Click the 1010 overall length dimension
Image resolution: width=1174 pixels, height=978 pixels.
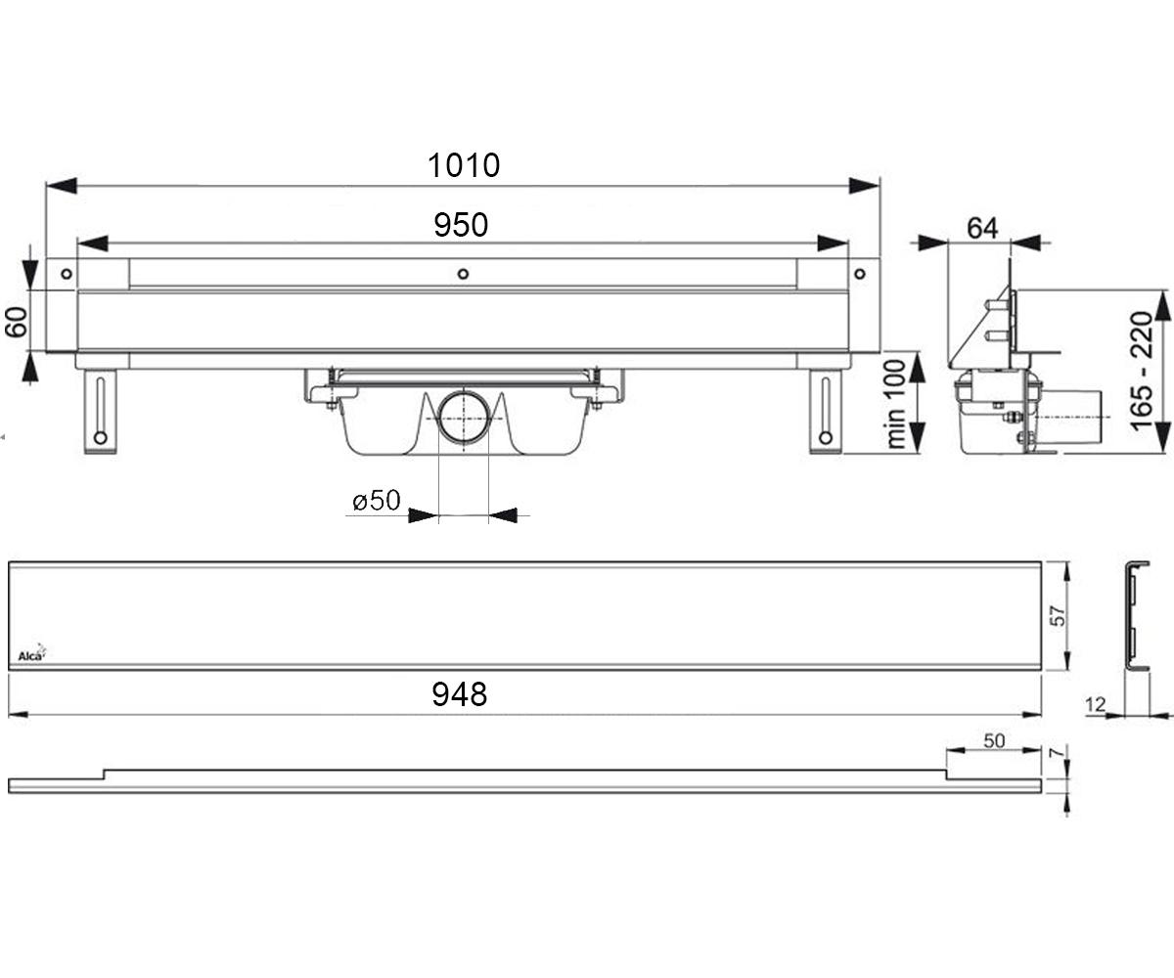(464, 165)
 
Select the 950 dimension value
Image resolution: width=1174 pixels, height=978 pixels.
(461, 225)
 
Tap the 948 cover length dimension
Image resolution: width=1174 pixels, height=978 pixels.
(460, 694)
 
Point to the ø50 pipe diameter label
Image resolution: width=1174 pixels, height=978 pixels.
(376, 500)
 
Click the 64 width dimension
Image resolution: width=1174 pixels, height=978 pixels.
(982, 228)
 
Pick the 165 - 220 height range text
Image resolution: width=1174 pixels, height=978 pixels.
(1142, 372)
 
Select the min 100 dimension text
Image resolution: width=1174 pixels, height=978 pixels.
(896, 404)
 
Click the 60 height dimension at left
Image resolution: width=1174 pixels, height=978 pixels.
(17, 322)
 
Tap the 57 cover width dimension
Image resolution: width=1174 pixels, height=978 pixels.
(1058, 615)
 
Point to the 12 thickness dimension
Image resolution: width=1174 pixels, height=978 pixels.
(1096, 704)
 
